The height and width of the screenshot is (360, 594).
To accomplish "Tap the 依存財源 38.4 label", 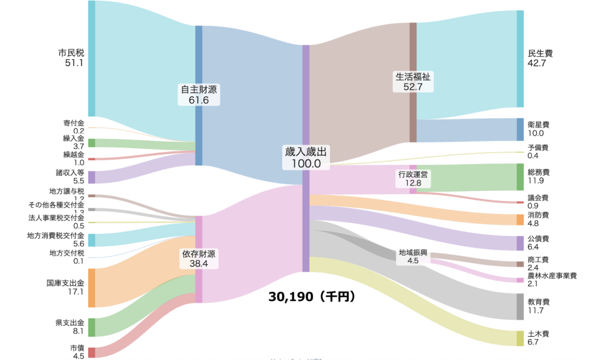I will tap(198, 259).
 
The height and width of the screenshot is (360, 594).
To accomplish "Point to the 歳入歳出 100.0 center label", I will tap(306, 157).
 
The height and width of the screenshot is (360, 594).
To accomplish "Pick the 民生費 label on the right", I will tap(540, 53).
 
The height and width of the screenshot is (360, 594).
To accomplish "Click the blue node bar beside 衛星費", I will tap(520, 129).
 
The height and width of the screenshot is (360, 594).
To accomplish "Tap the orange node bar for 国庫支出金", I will tap(92, 288).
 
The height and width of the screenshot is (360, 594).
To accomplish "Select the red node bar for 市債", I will tap(92, 352).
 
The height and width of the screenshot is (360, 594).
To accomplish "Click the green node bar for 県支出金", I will tap(92, 327).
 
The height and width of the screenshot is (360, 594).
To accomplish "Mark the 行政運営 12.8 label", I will tap(414, 179).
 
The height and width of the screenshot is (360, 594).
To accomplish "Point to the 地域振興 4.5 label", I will tap(413, 257).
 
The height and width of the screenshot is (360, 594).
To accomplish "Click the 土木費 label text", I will tap(538, 334).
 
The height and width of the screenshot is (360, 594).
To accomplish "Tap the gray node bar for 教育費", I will tap(520, 307).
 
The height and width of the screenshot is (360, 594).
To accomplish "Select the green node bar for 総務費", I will tap(520, 177).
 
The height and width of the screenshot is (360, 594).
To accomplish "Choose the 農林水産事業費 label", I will tap(552, 276).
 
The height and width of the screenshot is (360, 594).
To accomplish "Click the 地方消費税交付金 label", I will tap(56, 236).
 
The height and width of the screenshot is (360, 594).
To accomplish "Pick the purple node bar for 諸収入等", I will tap(92, 177).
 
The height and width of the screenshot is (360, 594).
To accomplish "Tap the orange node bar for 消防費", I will tap(520, 220).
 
